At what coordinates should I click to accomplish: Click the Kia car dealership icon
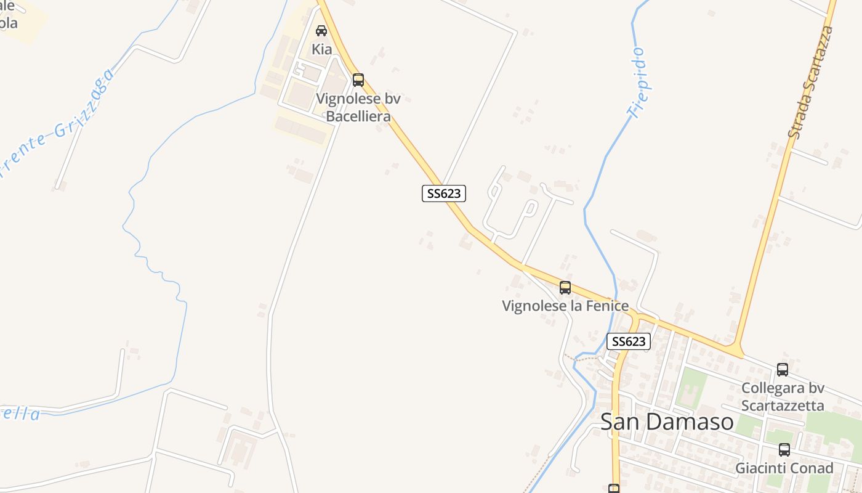(x=321, y=31)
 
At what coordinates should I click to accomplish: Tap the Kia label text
(x=321, y=49)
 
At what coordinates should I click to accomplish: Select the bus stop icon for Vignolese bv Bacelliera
(x=358, y=80)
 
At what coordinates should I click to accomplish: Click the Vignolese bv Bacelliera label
(x=358, y=107)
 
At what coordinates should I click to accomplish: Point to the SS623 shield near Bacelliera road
(x=444, y=194)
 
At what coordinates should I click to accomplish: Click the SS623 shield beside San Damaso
(x=628, y=341)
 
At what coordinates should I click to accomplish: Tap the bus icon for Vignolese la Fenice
(x=565, y=287)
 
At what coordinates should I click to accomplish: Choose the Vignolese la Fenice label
(x=565, y=306)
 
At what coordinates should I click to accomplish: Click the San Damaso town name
(x=667, y=422)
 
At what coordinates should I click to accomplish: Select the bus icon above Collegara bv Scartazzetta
(x=783, y=370)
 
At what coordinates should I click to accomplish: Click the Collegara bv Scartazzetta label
(x=783, y=397)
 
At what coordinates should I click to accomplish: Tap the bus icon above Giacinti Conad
(x=784, y=450)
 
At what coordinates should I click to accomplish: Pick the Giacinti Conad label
(x=784, y=468)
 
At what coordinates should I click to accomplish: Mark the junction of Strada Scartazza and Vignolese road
(x=736, y=352)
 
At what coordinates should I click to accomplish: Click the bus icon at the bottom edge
(x=614, y=489)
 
